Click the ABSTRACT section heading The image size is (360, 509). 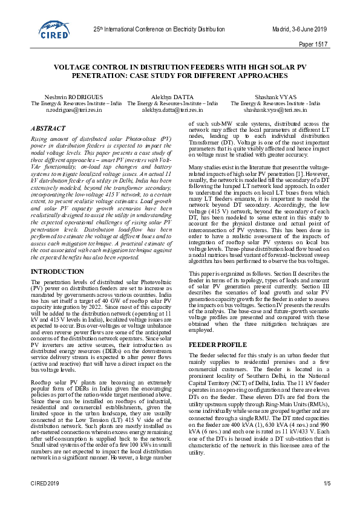[x=48, y=129]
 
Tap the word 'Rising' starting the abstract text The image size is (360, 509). [x=40, y=139]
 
